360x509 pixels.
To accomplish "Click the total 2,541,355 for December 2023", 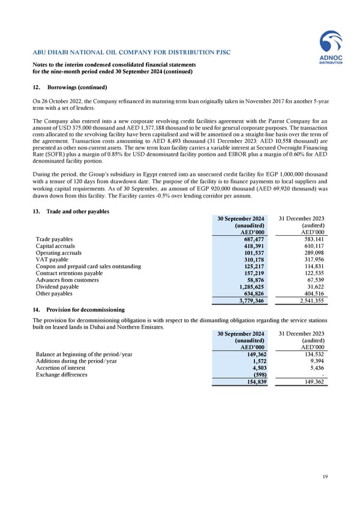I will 310,301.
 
